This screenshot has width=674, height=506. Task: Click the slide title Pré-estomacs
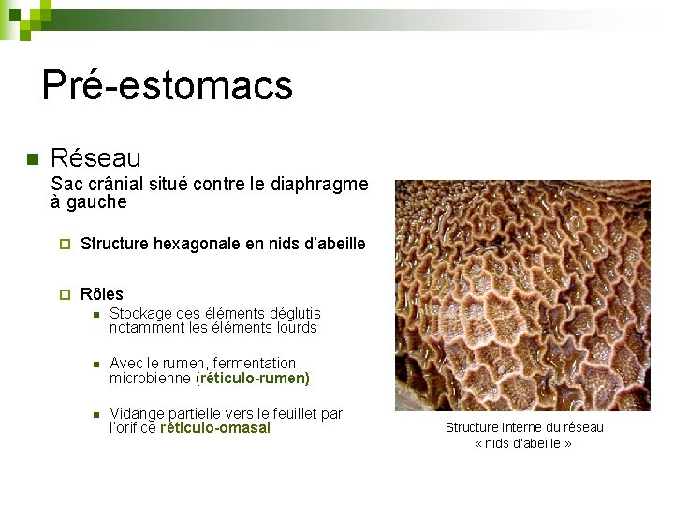click(168, 86)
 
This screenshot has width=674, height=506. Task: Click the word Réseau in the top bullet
click(95, 157)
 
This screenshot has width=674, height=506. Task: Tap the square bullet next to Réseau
click(30, 157)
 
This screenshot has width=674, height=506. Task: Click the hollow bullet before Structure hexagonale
click(65, 245)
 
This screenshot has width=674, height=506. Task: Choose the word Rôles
click(102, 294)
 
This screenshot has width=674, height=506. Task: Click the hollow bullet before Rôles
click(65, 294)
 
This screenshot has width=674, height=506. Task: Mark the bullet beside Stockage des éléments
click(95, 314)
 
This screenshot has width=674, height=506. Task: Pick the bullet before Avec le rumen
click(95, 364)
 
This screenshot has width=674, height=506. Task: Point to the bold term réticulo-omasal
click(215, 428)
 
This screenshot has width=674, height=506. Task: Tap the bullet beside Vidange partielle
click(95, 414)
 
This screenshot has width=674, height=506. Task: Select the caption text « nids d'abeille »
click(523, 443)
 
